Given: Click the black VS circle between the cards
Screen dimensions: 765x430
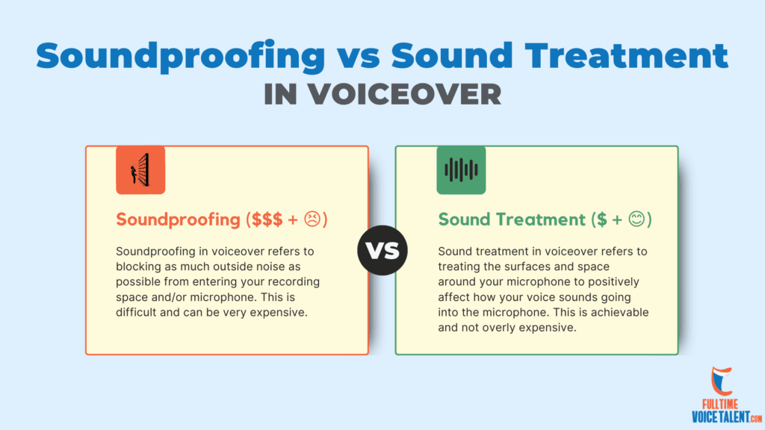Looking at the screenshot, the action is (x=382, y=250).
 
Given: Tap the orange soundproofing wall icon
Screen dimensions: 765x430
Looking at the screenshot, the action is (x=140, y=169).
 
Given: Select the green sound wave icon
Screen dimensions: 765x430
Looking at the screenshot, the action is (x=461, y=169).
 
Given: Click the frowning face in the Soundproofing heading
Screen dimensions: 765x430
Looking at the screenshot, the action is (x=312, y=219).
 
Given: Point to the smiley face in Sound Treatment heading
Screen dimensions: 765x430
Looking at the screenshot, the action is (x=637, y=219).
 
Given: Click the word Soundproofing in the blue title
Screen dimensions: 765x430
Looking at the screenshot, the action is (x=181, y=56).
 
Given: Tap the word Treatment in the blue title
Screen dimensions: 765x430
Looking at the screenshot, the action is (x=627, y=55).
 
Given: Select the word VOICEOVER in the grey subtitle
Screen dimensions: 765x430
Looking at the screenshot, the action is (x=404, y=94).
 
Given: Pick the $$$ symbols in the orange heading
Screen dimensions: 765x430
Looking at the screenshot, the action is (x=267, y=220).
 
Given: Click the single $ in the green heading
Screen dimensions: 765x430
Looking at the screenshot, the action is (x=602, y=219).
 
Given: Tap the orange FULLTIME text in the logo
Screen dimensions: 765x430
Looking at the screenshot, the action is (x=720, y=404).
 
